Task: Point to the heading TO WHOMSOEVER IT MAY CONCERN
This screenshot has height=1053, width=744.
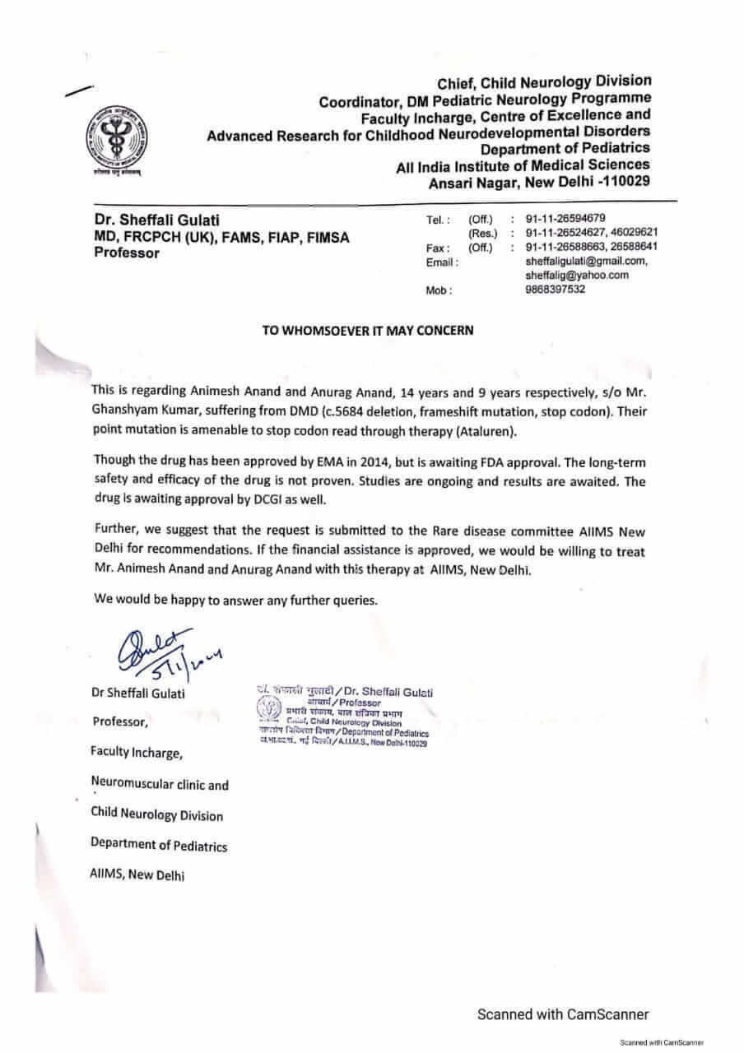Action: tap(368, 331)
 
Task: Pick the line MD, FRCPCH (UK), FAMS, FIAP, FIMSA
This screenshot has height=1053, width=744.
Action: tap(221, 237)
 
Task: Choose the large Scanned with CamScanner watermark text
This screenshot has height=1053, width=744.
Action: tap(563, 1014)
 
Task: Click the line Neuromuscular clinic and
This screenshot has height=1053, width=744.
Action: tap(160, 785)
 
